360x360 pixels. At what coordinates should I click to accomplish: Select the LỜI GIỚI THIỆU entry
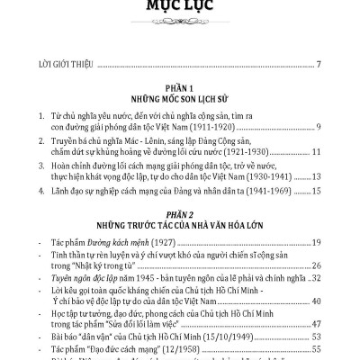pos(54,65)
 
